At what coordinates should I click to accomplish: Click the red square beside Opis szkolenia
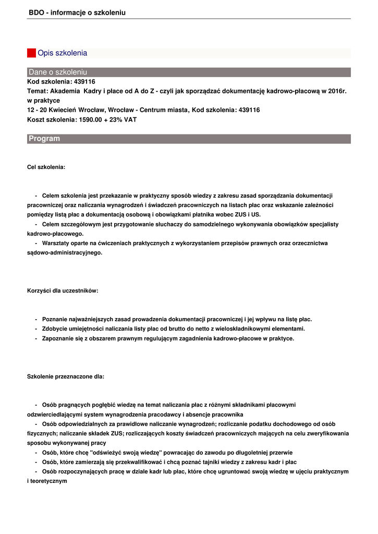click(31, 53)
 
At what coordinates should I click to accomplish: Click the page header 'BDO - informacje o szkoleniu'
click(77, 13)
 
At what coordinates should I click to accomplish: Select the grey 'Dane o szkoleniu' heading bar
click(189, 72)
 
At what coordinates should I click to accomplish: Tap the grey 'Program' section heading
click(189, 139)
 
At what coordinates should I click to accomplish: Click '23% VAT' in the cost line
click(124, 119)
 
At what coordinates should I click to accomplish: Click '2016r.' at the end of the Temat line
click(336, 91)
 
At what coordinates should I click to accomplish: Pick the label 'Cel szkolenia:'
click(46, 167)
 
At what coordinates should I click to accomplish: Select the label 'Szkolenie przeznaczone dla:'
click(65, 376)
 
